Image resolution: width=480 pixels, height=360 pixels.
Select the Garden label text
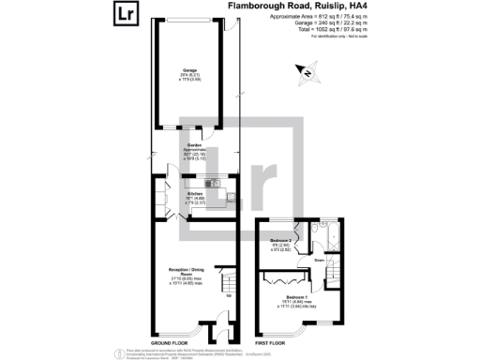click(x=194, y=145)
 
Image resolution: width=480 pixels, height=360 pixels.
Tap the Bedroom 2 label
click(x=278, y=242)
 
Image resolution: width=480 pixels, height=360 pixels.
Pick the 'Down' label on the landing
click(x=320, y=260)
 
